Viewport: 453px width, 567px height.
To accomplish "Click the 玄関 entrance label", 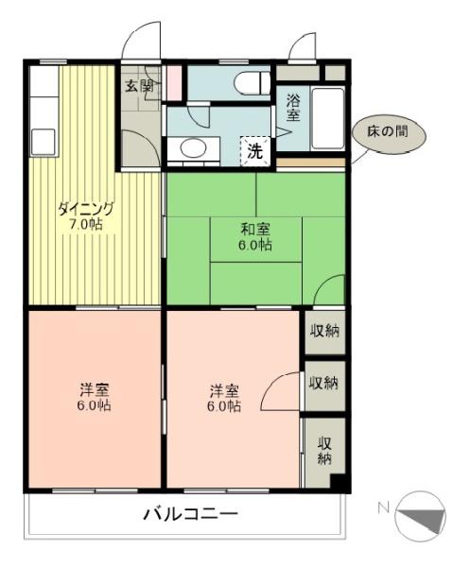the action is (x=140, y=86).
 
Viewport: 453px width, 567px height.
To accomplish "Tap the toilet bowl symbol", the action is (x=253, y=83).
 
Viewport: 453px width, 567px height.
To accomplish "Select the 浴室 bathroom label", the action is (x=293, y=108).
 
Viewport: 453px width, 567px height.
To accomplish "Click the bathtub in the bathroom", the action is (x=328, y=118).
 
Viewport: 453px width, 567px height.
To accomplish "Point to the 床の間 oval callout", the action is (x=389, y=132).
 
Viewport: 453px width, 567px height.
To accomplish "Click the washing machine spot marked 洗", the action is (x=255, y=151).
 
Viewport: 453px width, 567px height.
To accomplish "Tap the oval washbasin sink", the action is (x=194, y=148).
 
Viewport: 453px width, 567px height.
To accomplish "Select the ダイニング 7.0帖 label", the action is (x=86, y=216).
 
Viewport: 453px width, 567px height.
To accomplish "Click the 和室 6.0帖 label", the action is (x=255, y=237).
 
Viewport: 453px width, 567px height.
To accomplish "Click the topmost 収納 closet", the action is (x=325, y=332).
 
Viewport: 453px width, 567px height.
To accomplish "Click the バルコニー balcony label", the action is (x=191, y=514).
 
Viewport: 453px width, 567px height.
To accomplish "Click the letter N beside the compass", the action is (x=383, y=508).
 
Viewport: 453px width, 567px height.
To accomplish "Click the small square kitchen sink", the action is (x=44, y=142).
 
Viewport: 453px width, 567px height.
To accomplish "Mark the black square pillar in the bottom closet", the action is (x=340, y=481).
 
